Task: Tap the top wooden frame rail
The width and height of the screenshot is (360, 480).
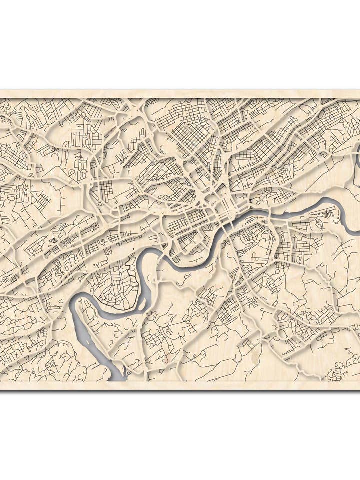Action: (x=180, y=93)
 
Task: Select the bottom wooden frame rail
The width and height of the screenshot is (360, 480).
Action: (x=180, y=385)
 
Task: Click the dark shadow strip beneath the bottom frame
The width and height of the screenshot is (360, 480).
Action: (x=180, y=390)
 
